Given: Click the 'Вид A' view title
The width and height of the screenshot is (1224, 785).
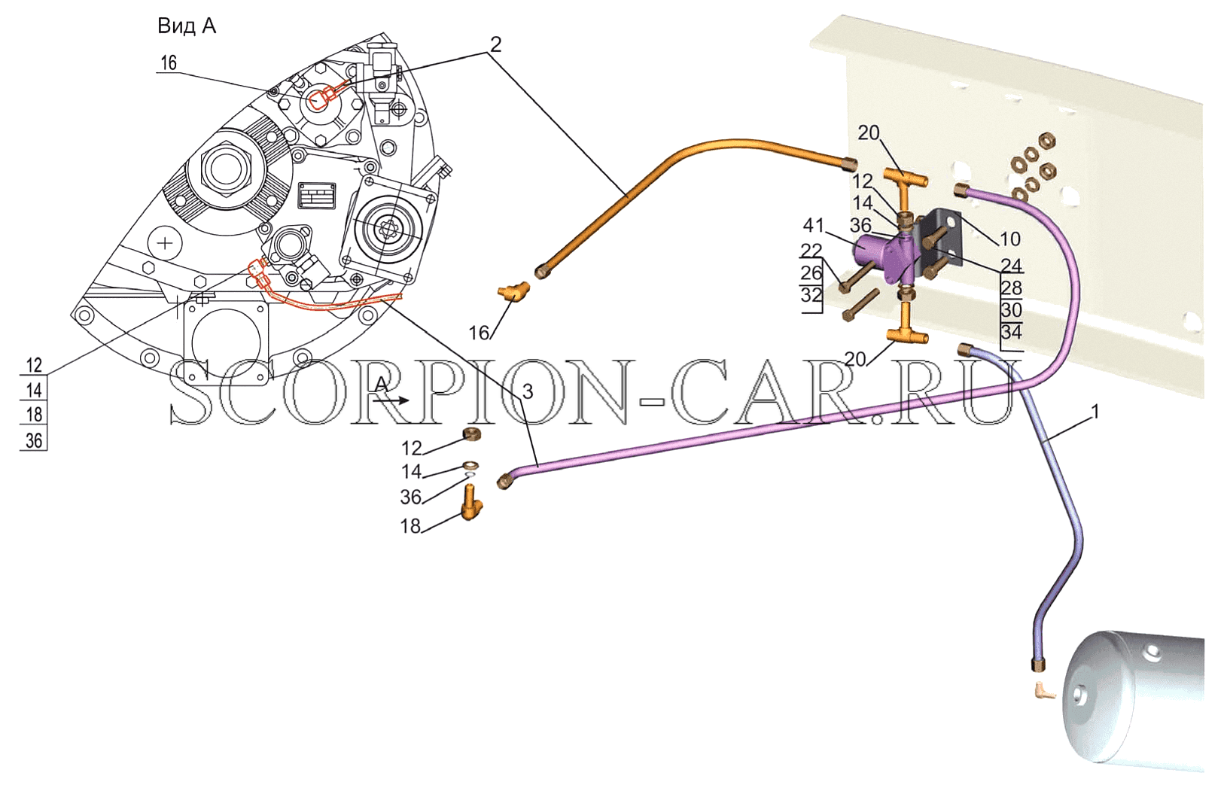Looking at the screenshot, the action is [x=187, y=26].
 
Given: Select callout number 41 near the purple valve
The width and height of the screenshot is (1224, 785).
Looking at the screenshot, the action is [x=814, y=224].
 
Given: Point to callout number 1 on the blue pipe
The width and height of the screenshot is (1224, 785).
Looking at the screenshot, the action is [x=1095, y=412].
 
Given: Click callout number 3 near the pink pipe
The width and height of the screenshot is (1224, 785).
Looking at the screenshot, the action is [x=527, y=391].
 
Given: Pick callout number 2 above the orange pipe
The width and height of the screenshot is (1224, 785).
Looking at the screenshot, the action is [x=495, y=44].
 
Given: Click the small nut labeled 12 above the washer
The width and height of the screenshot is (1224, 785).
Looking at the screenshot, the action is [x=471, y=434].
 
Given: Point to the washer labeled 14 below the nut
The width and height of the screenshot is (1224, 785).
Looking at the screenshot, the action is [x=470, y=465].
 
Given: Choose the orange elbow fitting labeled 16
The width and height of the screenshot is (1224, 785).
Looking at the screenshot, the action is [x=513, y=292].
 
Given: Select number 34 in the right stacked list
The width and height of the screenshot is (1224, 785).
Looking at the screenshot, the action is [x=1011, y=332].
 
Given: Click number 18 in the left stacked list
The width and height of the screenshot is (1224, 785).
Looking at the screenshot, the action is [x=34, y=415].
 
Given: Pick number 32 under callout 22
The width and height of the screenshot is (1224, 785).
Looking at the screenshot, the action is [x=811, y=295].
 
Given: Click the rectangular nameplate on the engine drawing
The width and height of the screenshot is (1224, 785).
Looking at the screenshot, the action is [x=317, y=195].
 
